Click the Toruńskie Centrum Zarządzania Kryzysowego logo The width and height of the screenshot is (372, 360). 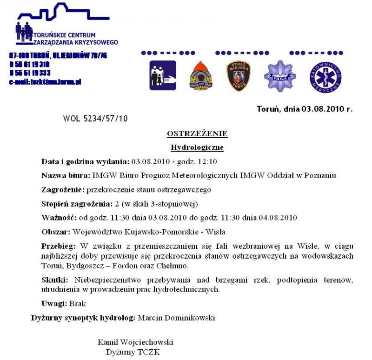65,26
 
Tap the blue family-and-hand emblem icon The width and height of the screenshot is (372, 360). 163,75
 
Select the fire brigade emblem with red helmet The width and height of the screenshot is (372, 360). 201,76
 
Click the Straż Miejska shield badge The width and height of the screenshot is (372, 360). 239,76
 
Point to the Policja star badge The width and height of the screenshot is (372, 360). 280,76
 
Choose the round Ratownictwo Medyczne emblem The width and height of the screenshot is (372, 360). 325,76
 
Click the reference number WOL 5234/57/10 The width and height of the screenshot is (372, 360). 95,119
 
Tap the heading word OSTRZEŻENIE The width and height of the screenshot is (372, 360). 197,134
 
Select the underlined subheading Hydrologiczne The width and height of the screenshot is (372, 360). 197,148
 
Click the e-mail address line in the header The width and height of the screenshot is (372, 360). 45,82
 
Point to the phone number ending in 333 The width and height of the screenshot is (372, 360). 30,73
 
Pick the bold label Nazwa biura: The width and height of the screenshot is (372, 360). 66,176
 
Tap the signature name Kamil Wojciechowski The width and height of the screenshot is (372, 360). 135,342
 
